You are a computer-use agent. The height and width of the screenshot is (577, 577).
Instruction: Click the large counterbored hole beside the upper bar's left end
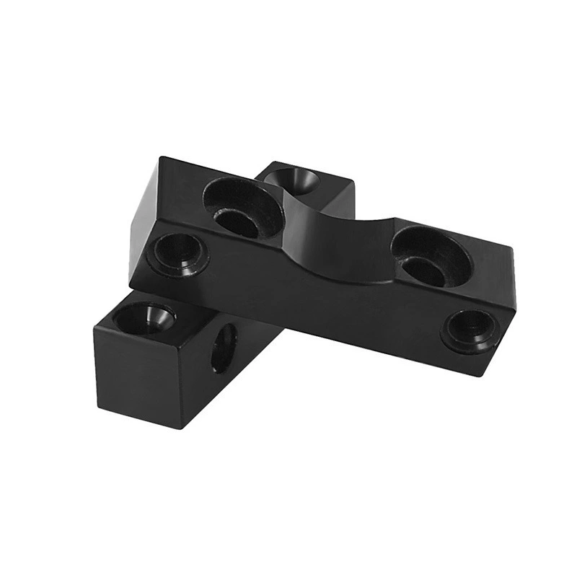pyautogui.click(x=242, y=206)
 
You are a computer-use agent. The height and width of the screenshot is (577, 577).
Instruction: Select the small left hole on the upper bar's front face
pyautogui.click(x=177, y=252)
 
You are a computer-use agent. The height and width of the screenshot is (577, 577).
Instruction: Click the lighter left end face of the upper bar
pyautogui.click(x=144, y=220)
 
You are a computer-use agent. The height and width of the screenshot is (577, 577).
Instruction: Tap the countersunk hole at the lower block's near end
pyautogui.click(x=144, y=317)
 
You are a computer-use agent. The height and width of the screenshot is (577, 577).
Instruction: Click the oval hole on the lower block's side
pyautogui.click(x=225, y=348)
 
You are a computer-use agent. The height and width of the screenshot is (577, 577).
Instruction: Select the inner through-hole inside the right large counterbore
pyautogui.click(x=424, y=270)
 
